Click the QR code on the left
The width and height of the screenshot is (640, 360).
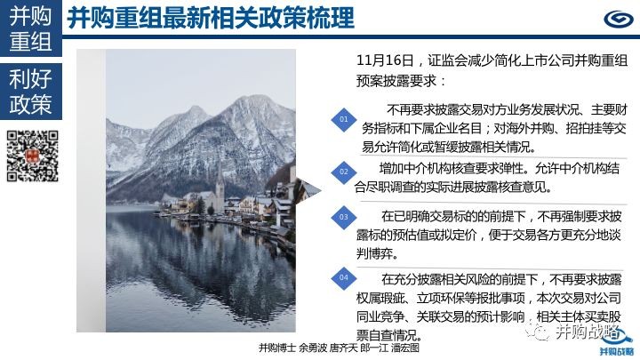33,156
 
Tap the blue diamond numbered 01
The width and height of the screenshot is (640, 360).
344,120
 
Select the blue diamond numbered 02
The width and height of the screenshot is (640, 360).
344,172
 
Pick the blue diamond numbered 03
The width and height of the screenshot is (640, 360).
344,217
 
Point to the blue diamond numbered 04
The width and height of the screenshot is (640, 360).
344,278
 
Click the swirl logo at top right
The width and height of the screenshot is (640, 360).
619,19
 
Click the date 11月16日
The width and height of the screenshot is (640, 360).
385,60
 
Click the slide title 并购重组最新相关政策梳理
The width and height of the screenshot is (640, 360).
211,18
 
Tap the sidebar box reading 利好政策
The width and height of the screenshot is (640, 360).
31,92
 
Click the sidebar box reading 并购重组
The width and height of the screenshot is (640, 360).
31,28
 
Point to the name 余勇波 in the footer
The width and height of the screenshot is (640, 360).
313,348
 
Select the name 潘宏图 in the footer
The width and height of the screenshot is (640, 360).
405,348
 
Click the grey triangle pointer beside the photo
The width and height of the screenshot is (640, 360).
308,190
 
